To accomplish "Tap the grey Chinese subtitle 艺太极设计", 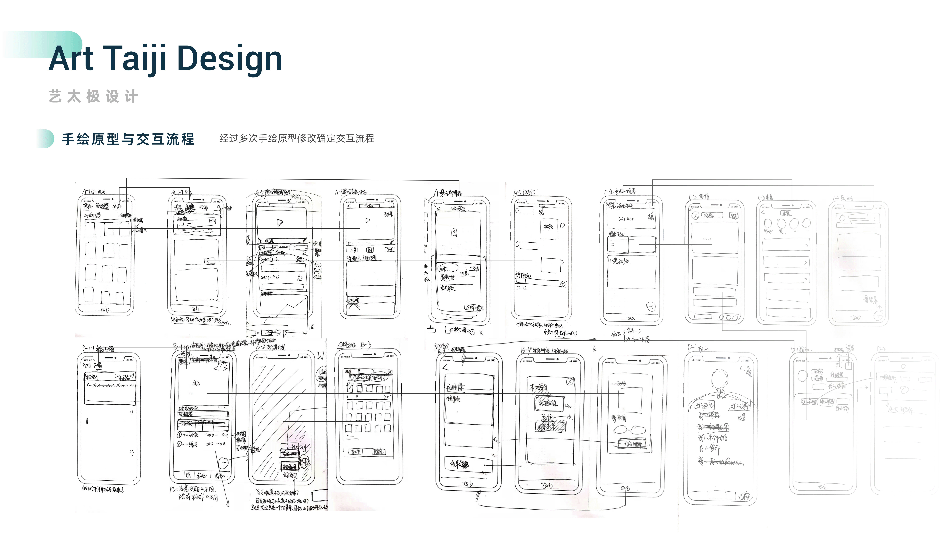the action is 93,97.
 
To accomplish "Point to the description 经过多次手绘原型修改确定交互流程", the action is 297,138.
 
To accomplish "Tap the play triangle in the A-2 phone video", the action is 280,223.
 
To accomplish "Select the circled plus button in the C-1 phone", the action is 651,306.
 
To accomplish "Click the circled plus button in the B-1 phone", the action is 224,462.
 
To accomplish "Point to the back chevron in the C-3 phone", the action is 763,212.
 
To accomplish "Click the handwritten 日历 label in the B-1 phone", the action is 196,383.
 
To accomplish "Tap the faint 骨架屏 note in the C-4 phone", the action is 870,300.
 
